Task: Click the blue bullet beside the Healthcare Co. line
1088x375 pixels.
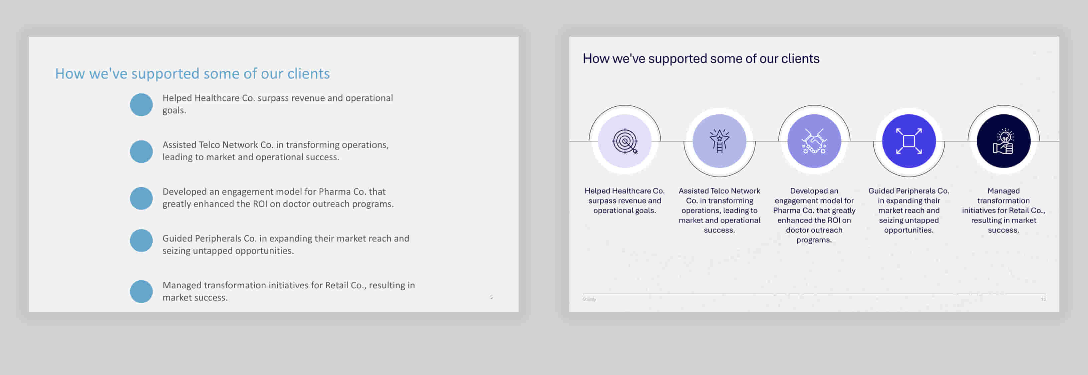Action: pyautogui.click(x=141, y=105)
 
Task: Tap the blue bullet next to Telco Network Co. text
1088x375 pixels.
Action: pyautogui.click(x=141, y=151)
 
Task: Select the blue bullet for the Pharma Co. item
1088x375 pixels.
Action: pyautogui.click(x=141, y=199)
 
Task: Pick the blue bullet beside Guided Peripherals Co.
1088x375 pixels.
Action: pyautogui.click(x=141, y=241)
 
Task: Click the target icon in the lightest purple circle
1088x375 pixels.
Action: pyautogui.click(x=625, y=141)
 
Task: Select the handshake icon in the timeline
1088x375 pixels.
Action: pyautogui.click(x=814, y=141)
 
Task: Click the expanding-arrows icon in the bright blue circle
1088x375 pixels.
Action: pyautogui.click(x=909, y=141)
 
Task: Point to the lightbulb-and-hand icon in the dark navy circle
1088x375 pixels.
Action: pyautogui.click(x=1004, y=141)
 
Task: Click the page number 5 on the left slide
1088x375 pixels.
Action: pyautogui.click(x=491, y=297)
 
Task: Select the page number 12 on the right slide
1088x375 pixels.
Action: pyautogui.click(x=1043, y=299)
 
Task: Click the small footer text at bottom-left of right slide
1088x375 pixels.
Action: pyautogui.click(x=589, y=299)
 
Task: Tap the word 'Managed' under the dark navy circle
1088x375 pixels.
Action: pyautogui.click(x=1004, y=191)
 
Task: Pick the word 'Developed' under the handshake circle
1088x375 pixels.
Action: pyautogui.click(x=814, y=191)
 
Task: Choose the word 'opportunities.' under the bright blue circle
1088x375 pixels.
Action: pyautogui.click(x=909, y=230)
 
